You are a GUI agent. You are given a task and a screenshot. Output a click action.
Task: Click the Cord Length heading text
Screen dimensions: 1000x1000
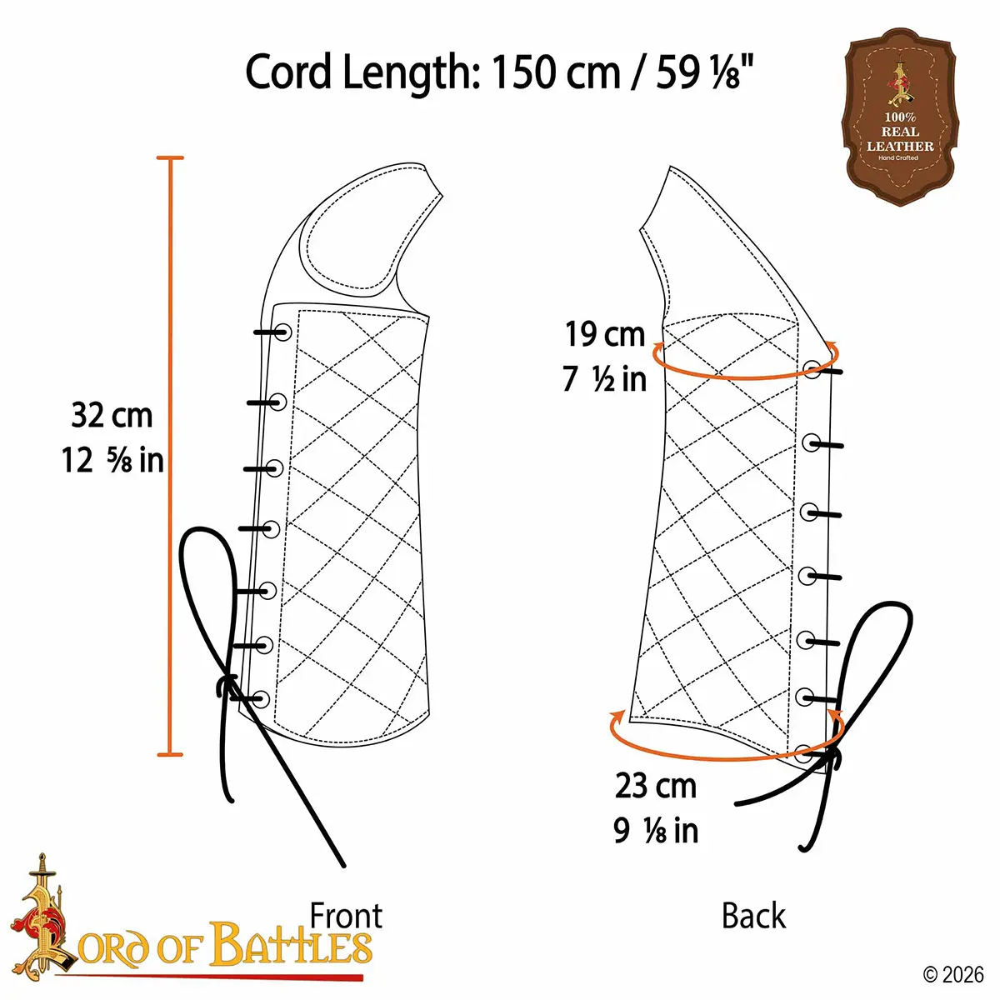500,72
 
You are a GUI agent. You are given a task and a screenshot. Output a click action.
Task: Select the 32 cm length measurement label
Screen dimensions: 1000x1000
112,415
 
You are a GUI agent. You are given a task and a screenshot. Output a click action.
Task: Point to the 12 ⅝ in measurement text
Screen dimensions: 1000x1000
112,460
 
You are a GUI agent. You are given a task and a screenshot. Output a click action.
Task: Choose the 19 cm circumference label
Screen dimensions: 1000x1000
605,335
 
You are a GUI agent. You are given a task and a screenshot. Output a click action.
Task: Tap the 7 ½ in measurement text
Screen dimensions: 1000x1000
605,379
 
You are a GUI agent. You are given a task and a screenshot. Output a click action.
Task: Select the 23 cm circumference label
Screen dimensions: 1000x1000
656,786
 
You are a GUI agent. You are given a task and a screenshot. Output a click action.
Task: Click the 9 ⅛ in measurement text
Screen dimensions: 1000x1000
656,830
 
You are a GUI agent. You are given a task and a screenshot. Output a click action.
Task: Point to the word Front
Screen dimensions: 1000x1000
346,916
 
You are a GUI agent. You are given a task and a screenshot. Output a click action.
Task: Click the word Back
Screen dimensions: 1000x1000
753,916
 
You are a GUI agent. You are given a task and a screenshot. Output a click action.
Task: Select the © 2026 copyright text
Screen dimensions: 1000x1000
953,973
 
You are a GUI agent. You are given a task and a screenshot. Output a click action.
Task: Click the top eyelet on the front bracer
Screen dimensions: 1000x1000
282,332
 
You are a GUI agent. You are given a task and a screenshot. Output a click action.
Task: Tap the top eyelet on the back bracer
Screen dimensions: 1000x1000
812,369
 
